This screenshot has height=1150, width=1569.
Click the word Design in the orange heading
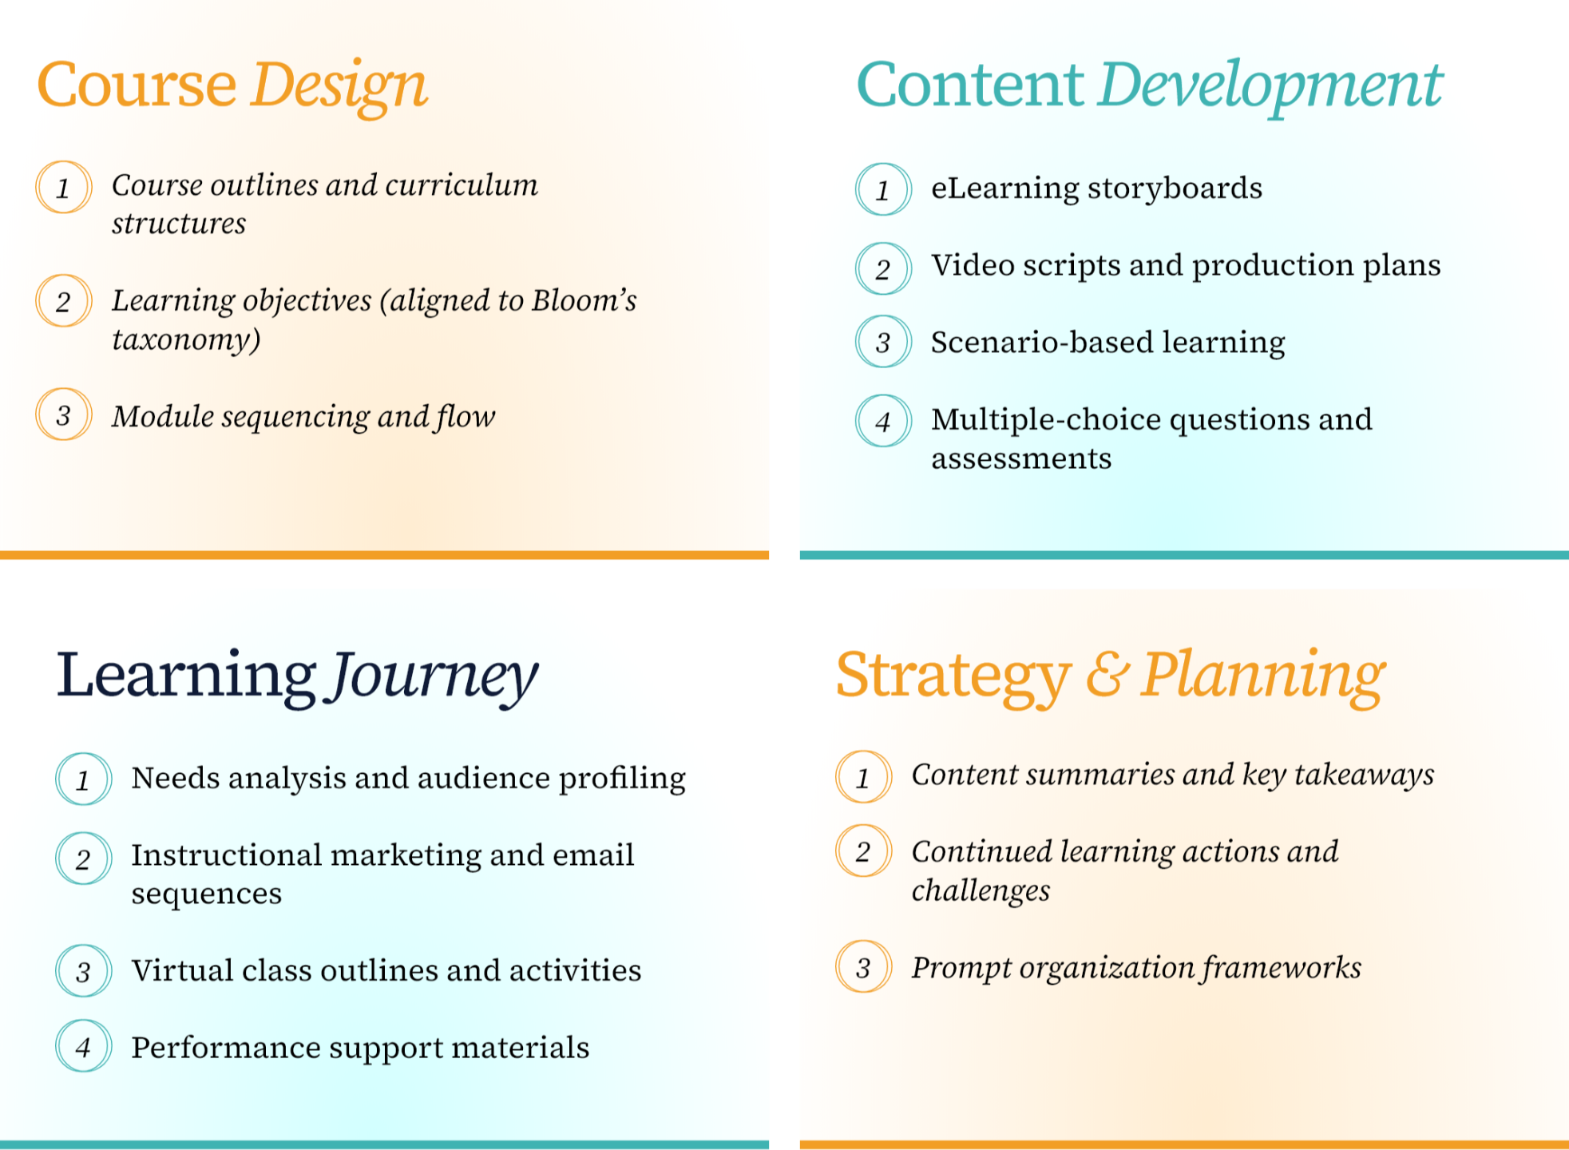click(339, 86)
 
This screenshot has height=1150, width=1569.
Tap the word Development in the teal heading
click(1270, 86)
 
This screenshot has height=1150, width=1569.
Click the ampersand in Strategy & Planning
click(1107, 675)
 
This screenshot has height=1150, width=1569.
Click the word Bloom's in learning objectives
click(584, 301)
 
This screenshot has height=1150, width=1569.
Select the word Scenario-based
click(1042, 343)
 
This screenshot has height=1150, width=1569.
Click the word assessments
click(1021, 459)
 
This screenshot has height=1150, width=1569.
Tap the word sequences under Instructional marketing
click(206, 894)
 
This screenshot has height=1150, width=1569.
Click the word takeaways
click(1364, 775)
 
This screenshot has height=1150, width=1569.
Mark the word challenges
click(981, 890)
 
